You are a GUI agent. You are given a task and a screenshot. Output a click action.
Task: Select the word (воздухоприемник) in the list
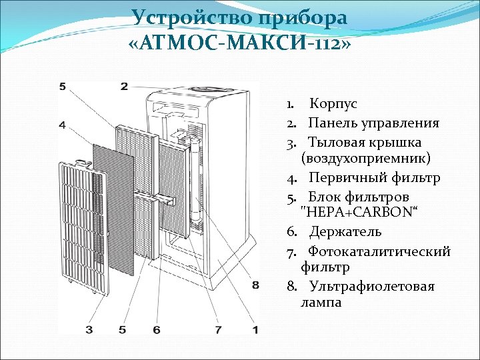coord(366,159)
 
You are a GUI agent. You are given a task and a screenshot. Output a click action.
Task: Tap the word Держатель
coord(345,232)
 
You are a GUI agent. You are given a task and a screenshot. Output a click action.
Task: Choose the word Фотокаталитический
coord(379,251)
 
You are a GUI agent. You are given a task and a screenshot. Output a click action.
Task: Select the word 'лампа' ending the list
coord(321,302)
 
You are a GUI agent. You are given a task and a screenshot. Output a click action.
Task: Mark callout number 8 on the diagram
coord(255,285)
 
